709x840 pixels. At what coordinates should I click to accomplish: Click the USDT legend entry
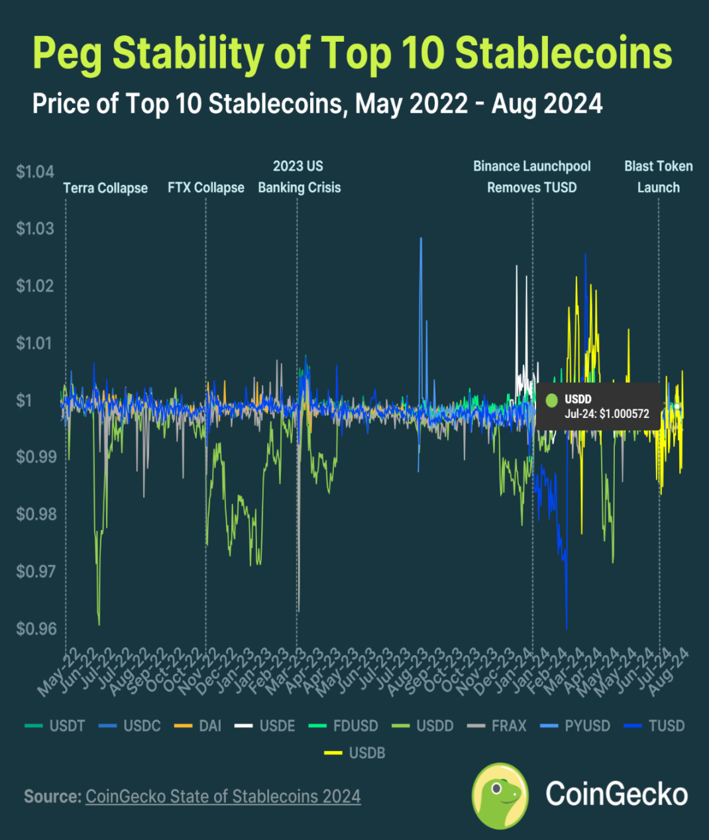click(56, 725)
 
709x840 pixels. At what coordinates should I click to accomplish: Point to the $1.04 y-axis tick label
click(35, 172)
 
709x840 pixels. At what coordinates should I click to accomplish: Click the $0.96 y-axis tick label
click(35, 628)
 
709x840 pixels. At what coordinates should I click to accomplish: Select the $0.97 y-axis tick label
click(35, 571)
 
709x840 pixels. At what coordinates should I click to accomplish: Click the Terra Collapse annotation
click(105, 188)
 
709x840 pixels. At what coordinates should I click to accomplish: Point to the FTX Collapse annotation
click(206, 188)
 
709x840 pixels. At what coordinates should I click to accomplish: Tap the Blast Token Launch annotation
click(659, 177)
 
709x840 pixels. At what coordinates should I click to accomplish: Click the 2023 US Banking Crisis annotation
click(299, 177)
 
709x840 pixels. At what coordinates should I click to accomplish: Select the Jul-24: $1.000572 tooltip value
click(607, 414)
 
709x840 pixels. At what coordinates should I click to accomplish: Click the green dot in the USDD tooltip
click(551, 400)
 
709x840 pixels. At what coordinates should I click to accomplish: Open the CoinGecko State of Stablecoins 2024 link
click(223, 796)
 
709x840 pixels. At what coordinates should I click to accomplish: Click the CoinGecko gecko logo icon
click(500, 795)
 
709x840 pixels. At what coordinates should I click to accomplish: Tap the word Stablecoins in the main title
click(563, 53)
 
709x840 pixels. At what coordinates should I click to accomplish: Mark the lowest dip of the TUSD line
click(567, 628)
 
